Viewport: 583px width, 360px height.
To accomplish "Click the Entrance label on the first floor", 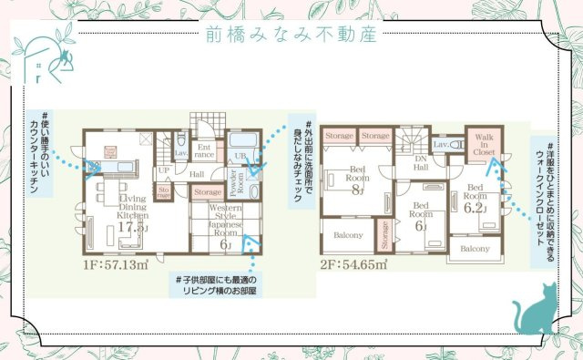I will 205,150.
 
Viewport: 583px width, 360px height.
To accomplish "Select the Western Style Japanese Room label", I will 223,218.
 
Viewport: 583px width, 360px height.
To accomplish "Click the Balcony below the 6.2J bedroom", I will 475,248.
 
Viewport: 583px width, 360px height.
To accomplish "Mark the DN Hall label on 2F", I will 421,162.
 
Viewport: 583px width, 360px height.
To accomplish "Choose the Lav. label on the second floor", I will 441,145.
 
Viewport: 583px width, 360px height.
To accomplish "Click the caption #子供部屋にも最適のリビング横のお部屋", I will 215,283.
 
